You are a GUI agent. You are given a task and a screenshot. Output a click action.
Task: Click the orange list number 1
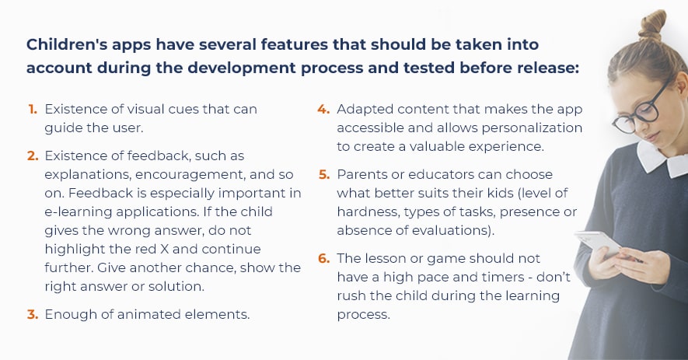(33, 110)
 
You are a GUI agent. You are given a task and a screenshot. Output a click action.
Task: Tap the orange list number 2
(33, 156)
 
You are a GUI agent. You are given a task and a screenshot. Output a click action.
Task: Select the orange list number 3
(33, 314)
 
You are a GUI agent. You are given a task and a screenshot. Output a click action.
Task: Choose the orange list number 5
(324, 174)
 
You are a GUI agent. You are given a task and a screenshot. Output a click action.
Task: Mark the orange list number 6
(324, 258)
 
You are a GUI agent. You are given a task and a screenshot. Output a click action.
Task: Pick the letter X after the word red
(164, 250)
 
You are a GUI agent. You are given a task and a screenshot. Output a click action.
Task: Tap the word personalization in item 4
(532, 128)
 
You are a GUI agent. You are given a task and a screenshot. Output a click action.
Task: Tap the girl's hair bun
(652, 25)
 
